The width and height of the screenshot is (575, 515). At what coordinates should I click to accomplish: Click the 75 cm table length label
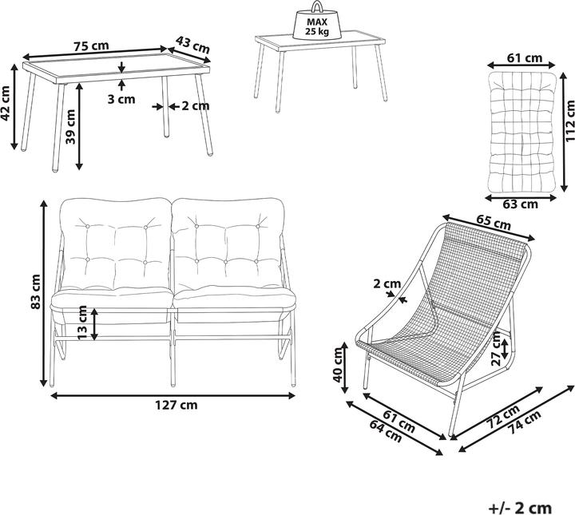click(91, 46)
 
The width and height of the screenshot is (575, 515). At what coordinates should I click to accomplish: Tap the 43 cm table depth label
click(192, 45)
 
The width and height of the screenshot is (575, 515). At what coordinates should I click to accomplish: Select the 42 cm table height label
click(6, 103)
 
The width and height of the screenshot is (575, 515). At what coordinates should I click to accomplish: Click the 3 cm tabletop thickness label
click(121, 99)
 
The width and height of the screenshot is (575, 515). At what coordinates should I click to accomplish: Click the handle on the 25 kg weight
click(317, 7)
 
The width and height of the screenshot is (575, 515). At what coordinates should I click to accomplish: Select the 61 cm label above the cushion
click(525, 58)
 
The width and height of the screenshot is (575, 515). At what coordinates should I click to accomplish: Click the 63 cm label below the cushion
click(520, 204)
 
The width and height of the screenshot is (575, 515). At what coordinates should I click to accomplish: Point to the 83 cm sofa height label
click(36, 291)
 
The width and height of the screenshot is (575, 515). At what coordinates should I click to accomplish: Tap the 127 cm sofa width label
click(176, 405)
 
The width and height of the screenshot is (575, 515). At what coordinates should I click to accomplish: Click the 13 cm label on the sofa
click(82, 323)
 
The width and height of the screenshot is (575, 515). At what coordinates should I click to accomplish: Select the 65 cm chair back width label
click(494, 222)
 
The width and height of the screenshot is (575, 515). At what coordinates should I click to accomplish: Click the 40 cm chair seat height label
click(338, 365)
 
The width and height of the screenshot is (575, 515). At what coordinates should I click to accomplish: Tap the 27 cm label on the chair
click(496, 349)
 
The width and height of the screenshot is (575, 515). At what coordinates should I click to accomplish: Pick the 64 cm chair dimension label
click(386, 431)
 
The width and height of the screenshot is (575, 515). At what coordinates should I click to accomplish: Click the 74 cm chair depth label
click(526, 422)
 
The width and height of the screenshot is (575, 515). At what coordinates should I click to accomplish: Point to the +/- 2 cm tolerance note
click(521, 508)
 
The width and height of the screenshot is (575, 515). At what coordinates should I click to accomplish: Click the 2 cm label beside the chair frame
click(387, 283)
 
